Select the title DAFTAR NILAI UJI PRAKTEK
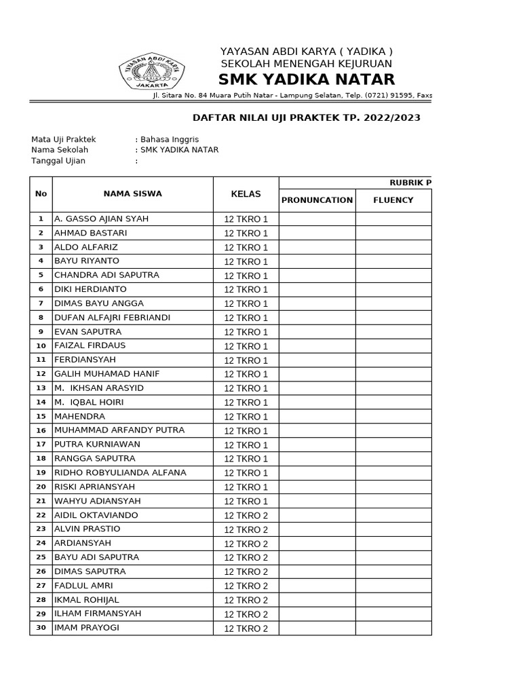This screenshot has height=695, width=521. (x=307, y=117)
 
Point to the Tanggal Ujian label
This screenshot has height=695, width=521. (x=58, y=161)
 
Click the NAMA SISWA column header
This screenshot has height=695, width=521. (x=132, y=194)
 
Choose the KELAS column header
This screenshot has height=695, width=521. (x=246, y=194)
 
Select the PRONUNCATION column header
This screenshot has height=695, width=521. (x=317, y=200)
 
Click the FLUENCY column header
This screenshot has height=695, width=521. (x=393, y=200)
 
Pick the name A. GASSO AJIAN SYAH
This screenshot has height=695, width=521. (x=101, y=219)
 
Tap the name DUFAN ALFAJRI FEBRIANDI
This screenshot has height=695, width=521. (x=112, y=318)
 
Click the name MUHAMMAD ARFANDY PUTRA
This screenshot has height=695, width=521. (x=119, y=430)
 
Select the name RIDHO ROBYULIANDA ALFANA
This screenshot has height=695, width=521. (x=119, y=472)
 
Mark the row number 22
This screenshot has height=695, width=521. (x=41, y=515)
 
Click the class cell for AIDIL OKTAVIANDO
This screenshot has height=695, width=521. (x=246, y=515)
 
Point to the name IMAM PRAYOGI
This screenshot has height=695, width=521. (x=86, y=628)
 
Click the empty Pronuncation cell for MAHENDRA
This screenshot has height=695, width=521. (x=317, y=417)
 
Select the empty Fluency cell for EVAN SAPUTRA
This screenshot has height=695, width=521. (x=393, y=332)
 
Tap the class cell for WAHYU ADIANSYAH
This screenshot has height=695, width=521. (x=246, y=501)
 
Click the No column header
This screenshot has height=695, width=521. (x=41, y=194)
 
